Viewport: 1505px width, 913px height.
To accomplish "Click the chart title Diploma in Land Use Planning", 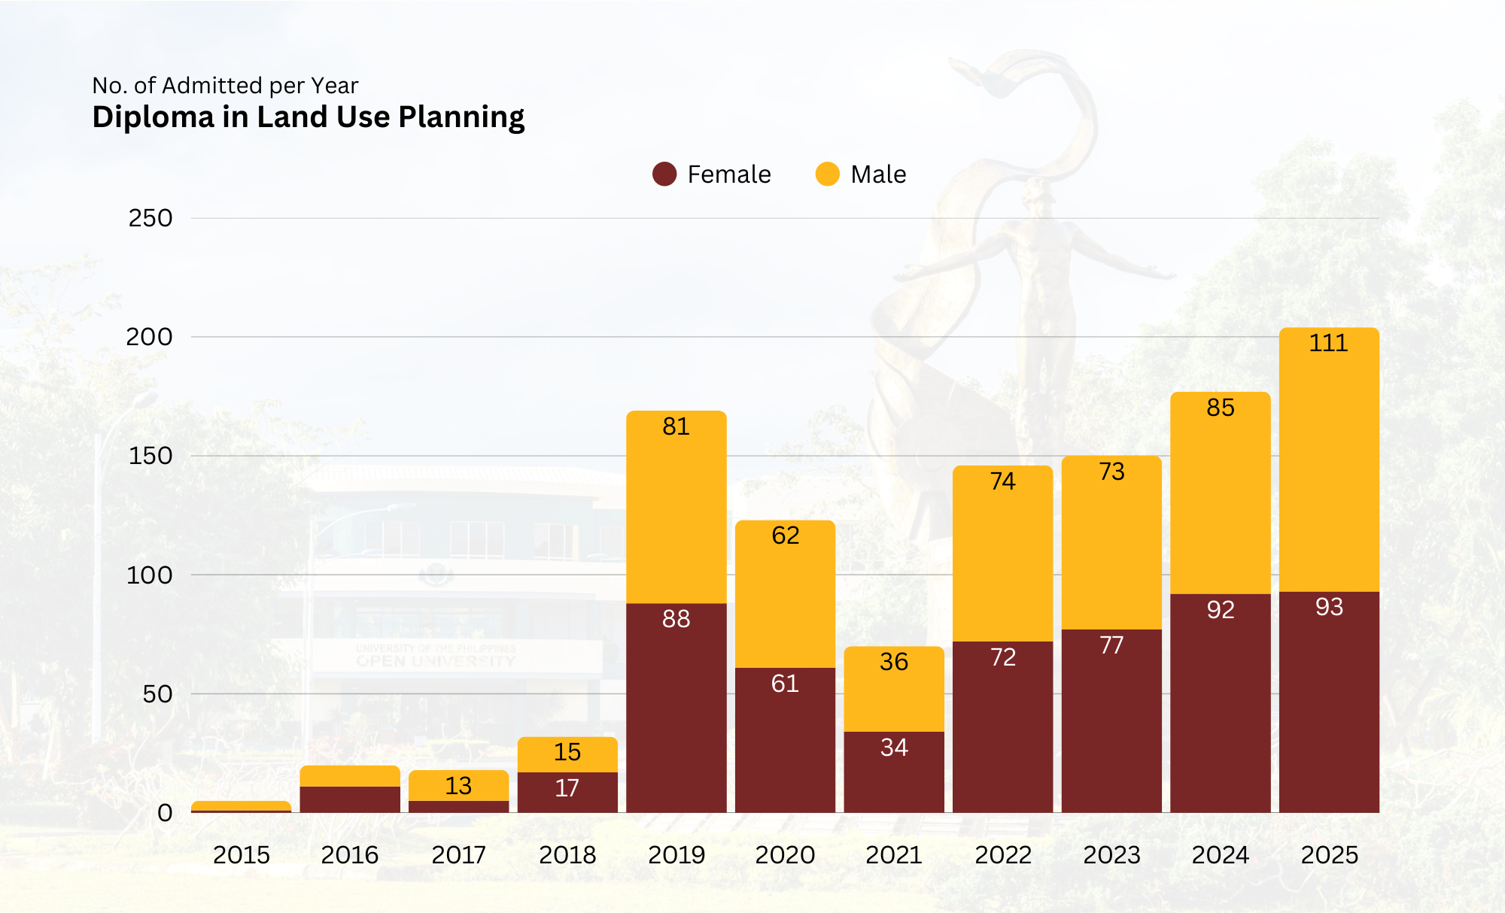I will point(308,117).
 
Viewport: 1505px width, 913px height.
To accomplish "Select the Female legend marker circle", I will point(664,174).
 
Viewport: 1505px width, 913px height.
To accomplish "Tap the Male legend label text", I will point(878,174).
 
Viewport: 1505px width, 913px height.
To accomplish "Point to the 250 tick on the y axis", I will point(150,218).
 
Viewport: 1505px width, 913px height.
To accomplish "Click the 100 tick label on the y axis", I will point(149,575).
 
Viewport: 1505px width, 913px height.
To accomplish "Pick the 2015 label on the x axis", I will point(241,855).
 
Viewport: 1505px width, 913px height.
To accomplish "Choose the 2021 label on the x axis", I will point(893,855).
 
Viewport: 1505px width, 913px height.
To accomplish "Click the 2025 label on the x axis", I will point(1329,855).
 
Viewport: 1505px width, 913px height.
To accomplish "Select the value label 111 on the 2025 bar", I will point(1328,344).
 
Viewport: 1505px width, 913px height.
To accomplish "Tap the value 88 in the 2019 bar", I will point(676,619).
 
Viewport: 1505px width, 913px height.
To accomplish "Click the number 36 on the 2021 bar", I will point(893,662).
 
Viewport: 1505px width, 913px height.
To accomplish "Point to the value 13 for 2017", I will point(458,786).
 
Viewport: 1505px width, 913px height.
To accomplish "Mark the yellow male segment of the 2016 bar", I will point(350,776).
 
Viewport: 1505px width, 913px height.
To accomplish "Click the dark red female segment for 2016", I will point(350,799).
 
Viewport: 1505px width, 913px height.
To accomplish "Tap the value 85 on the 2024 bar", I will point(1220,408).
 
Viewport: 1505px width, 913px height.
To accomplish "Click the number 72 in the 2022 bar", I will point(1002,657).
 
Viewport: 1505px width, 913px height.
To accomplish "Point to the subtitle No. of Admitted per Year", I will point(225,86).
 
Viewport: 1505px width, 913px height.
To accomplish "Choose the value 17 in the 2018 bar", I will point(567,788).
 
